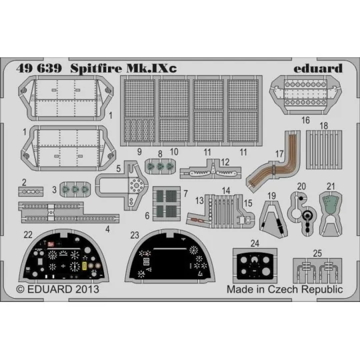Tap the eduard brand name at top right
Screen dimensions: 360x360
pos(319,68)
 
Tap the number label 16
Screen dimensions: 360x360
pos(306,121)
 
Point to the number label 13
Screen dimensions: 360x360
pos(199,200)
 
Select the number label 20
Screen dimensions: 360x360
pos(301,186)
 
